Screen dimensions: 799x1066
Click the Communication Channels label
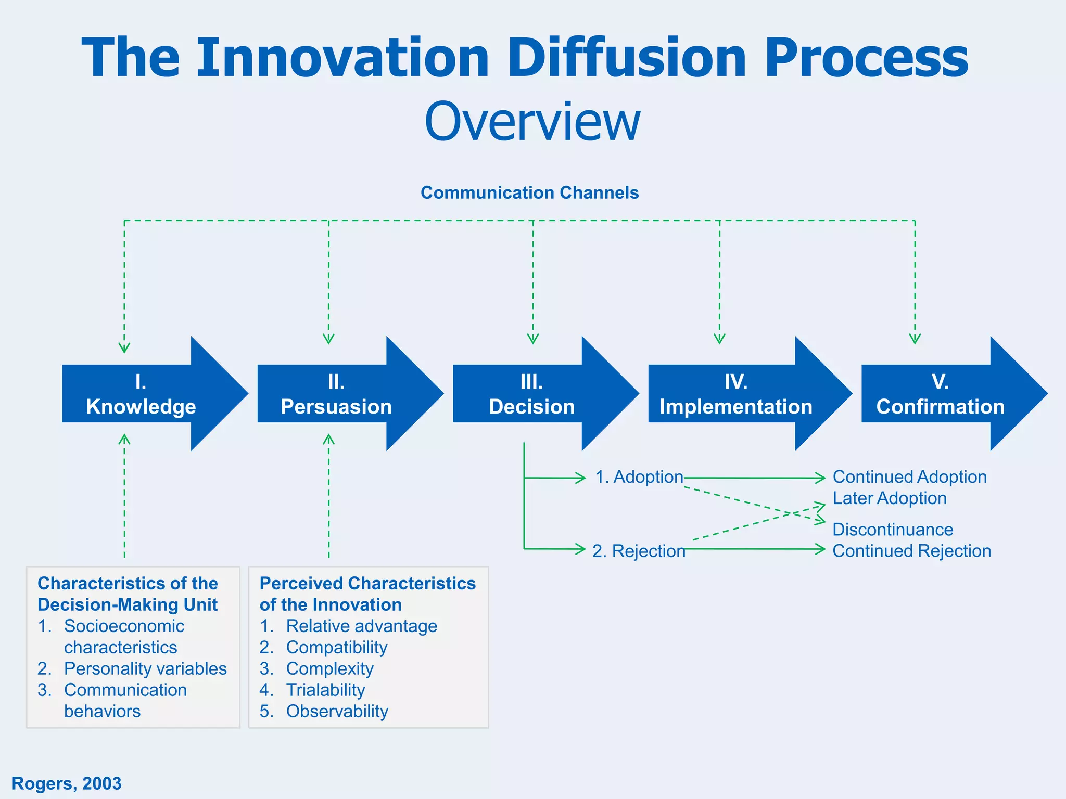click(x=529, y=193)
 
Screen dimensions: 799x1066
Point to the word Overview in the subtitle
click(x=532, y=123)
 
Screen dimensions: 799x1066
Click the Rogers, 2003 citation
click(x=67, y=783)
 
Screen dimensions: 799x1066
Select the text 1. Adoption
click(x=639, y=477)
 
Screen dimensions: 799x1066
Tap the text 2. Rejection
click(x=639, y=551)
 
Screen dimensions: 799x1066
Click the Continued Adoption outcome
click(x=909, y=477)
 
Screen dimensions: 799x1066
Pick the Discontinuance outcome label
click(x=893, y=530)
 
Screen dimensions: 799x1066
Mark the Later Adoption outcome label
click(x=889, y=498)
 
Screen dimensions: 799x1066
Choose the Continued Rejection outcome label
click(x=911, y=551)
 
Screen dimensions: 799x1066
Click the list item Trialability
click(x=325, y=690)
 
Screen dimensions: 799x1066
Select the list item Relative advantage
click(x=361, y=626)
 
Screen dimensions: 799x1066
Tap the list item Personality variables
click(x=145, y=669)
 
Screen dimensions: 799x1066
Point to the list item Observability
click(x=337, y=712)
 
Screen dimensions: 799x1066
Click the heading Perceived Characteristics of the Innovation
click(x=367, y=594)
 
